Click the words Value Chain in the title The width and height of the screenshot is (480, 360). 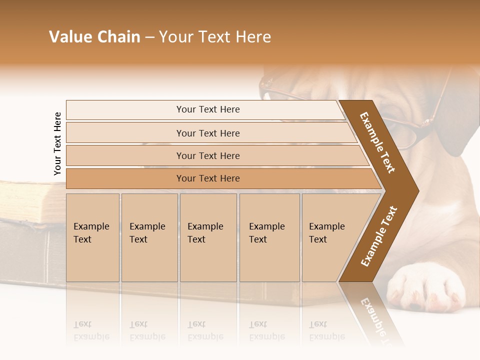[94, 37]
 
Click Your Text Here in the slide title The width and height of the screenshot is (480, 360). [215, 37]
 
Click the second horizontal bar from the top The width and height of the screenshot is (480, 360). [207, 133]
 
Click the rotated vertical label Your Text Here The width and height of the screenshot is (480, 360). [57, 143]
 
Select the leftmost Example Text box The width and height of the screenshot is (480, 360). [92, 237]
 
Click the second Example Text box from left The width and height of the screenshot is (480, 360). [149, 237]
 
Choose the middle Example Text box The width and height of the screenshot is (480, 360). [208, 237]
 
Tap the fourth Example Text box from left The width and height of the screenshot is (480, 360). [269, 237]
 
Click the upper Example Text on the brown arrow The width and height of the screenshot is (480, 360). [377, 142]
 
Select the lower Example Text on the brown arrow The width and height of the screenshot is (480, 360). [378, 236]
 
